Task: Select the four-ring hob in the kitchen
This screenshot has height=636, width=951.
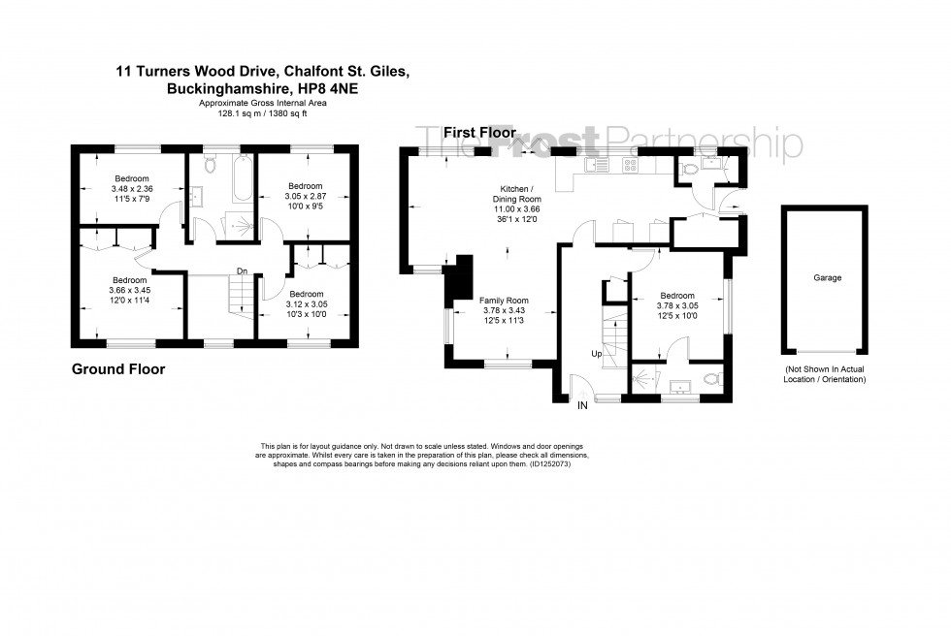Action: point(631,166)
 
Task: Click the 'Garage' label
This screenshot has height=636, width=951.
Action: point(827,278)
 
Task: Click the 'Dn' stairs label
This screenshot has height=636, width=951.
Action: point(240,271)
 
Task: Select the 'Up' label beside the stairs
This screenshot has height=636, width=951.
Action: point(595,354)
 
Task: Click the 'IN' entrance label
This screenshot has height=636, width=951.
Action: point(581,406)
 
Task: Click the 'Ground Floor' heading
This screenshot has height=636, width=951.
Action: point(118,369)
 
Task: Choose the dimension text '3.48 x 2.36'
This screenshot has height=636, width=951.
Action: point(131,189)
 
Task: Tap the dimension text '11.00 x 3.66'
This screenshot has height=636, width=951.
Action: point(514,209)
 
